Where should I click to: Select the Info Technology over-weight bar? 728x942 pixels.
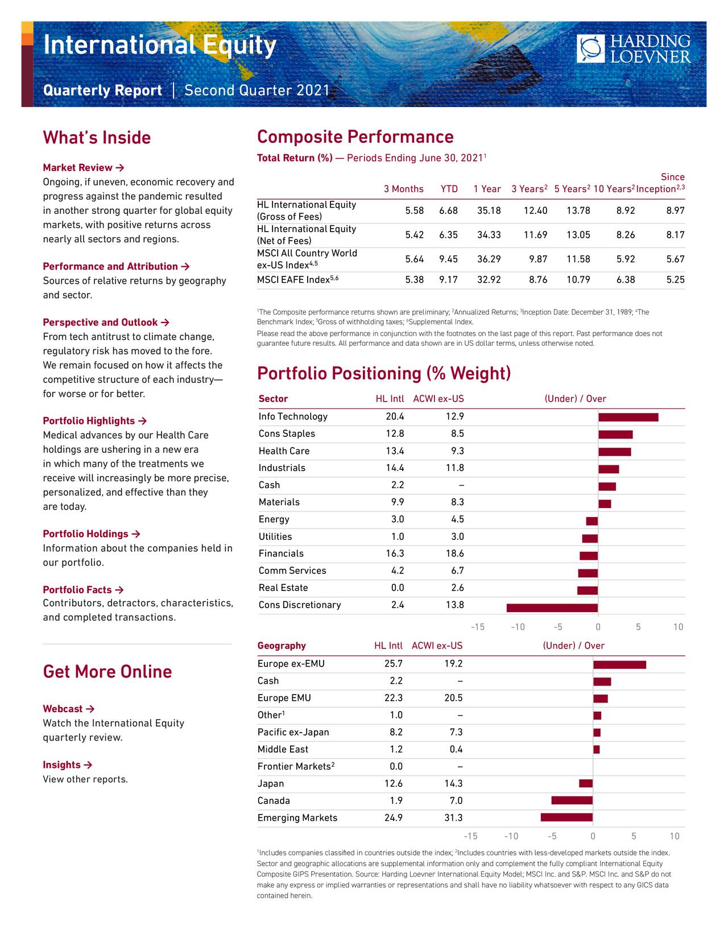[x=628, y=418]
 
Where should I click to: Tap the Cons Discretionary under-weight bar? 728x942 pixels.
[x=552, y=608]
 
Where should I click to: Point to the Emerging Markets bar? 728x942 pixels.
[x=566, y=818]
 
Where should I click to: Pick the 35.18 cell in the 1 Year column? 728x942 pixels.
[x=489, y=210]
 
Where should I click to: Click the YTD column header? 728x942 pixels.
[x=449, y=189]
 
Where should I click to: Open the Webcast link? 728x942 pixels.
[x=68, y=709]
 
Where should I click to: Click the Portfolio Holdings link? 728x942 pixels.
[x=91, y=534]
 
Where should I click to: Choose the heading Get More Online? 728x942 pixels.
[x=107, y=672]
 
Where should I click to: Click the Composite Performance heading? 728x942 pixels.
[x=355, y=137]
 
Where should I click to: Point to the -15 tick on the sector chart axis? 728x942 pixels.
[x=477, y=627]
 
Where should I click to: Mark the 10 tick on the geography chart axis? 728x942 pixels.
[x=674, y=836]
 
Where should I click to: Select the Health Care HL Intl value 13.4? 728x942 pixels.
[x=394, y=451]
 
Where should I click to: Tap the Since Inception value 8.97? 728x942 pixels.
[x=675, y=210]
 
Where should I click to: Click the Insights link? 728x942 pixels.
[x=67, y=765]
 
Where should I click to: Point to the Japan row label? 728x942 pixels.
[x=271, y=784]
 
